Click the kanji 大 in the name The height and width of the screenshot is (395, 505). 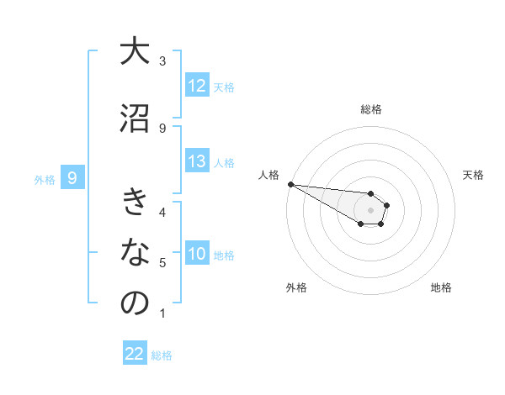pos(135,51)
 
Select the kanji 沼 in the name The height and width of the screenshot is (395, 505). pos(135,117)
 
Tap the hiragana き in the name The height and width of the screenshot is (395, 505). pos(135,202)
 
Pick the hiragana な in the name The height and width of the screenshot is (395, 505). pos(135,251)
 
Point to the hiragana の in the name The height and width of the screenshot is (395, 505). pos(135,303)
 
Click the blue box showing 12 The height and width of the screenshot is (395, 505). pos(197,86)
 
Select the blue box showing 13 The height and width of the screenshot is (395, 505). pos(197,162)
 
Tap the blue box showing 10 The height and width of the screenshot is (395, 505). pos(197,254)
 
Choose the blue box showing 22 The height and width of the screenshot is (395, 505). pos(135,354)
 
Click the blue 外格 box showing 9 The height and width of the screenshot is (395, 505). pos(73,177)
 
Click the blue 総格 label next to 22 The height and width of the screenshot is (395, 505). pos(162,355)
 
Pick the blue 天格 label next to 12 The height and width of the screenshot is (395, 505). pos(224,87)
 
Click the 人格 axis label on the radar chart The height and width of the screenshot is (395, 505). pos(268,175)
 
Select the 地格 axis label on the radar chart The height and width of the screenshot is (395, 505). pos(441,287)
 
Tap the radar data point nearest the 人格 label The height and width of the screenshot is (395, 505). pos(290,184)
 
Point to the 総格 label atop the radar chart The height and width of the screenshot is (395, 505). pos(371,109)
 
